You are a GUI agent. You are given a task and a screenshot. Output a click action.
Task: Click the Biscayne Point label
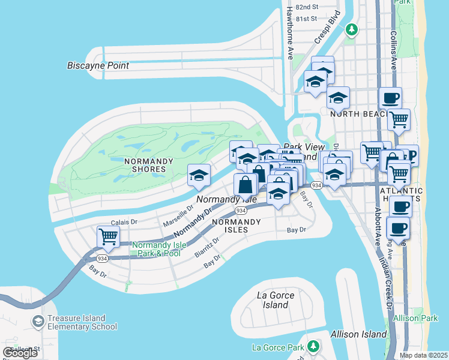(x=98, y=65)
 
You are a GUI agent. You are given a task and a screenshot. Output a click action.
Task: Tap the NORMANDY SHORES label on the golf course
(x=148, y=165)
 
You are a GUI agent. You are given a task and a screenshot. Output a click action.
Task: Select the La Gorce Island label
(x=276, y=300)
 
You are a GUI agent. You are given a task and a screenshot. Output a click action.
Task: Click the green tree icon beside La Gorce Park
(x=312, y=347)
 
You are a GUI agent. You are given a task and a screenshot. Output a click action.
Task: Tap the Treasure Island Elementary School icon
(x=39, y=322)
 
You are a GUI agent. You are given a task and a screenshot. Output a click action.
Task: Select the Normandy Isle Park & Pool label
(x=156, y=249)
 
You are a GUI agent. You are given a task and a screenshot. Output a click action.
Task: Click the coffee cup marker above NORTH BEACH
(x=390, y=97)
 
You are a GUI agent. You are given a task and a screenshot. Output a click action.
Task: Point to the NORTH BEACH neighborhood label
(x=357, y=114)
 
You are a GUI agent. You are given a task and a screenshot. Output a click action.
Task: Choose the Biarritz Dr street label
(x=207, y=246)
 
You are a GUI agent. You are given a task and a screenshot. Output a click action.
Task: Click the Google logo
(x=20, y=353)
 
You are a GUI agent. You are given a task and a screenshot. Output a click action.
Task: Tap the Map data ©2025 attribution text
(x=423, y=355)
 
